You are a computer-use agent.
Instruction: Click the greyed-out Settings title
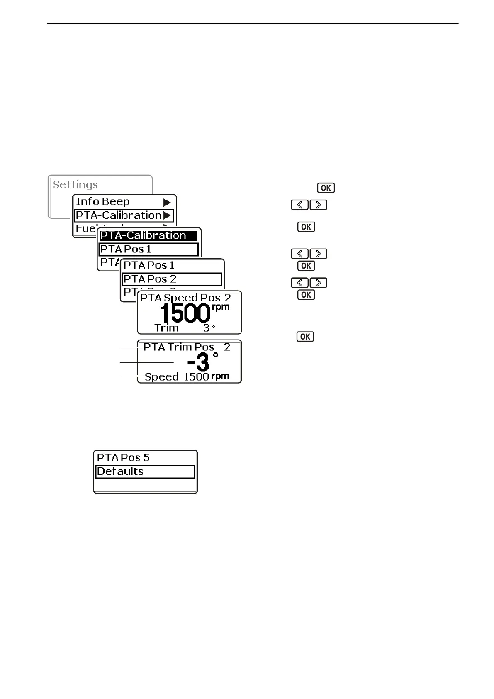[x=75, y=185]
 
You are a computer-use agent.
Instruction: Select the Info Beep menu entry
[x=102, y=202]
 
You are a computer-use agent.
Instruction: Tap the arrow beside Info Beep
[x=167, y=203]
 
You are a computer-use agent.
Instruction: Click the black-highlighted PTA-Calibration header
[x=143, y=235]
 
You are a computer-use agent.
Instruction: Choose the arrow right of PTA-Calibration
[x=167, y=215]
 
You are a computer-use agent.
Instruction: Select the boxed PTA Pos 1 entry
[x=126, y=249]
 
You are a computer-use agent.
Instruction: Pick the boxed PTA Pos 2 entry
[x=150, y=279]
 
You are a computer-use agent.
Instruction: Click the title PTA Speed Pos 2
[x=185, y=298]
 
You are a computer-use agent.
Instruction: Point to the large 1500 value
[x=185, y=313]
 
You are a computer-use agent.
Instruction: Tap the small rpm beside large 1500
[x=221, y=308]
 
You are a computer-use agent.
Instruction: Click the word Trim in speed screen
[x=166, y=328]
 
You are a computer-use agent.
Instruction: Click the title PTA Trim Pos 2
[x=187, y=347]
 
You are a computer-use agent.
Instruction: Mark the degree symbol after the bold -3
[x=215, y=355]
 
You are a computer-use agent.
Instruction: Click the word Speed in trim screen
[x=162, y=377]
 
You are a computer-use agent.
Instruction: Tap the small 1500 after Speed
[x=196, y=377]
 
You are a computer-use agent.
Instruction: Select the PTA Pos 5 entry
[x=123, y=458]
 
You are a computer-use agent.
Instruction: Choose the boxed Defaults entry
[x=120, y=472]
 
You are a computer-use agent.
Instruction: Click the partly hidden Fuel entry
[x=85, y=229]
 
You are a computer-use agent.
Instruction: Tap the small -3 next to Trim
[x=204, y=328]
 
